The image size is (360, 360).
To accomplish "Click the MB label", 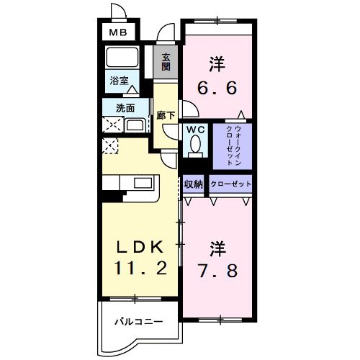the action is pos(118,32).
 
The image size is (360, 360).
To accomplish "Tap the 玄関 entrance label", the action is pos(166,62).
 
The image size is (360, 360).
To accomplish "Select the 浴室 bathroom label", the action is pos(119,81).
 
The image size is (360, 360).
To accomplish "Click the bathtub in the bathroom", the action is pos(122,58).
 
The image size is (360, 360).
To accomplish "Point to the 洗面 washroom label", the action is pos(125,108).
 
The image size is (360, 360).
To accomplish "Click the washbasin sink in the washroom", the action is pos(135,125).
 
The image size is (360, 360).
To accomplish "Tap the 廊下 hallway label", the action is pos(166,116).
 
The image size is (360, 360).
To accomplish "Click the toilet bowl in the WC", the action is pos(195,144).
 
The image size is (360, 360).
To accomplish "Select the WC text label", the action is pos(196,130).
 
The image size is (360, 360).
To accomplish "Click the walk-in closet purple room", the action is pos(233,146).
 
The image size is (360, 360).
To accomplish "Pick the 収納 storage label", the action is pos(194,184).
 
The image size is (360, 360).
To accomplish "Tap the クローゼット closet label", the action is pos(230,184).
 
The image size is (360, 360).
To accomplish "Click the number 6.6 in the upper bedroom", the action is pos(217,88).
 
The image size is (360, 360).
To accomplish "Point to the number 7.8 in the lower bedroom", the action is pos(217,271).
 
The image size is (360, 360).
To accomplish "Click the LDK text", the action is pos(140,247).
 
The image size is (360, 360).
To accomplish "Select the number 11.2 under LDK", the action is pos(140,268).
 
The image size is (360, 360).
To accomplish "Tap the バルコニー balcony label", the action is pos(139,321).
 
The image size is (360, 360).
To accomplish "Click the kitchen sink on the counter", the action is pos(143,183).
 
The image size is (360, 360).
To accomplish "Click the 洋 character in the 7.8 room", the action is pos(217,248).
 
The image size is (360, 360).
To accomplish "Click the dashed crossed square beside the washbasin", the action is pos(113,125).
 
